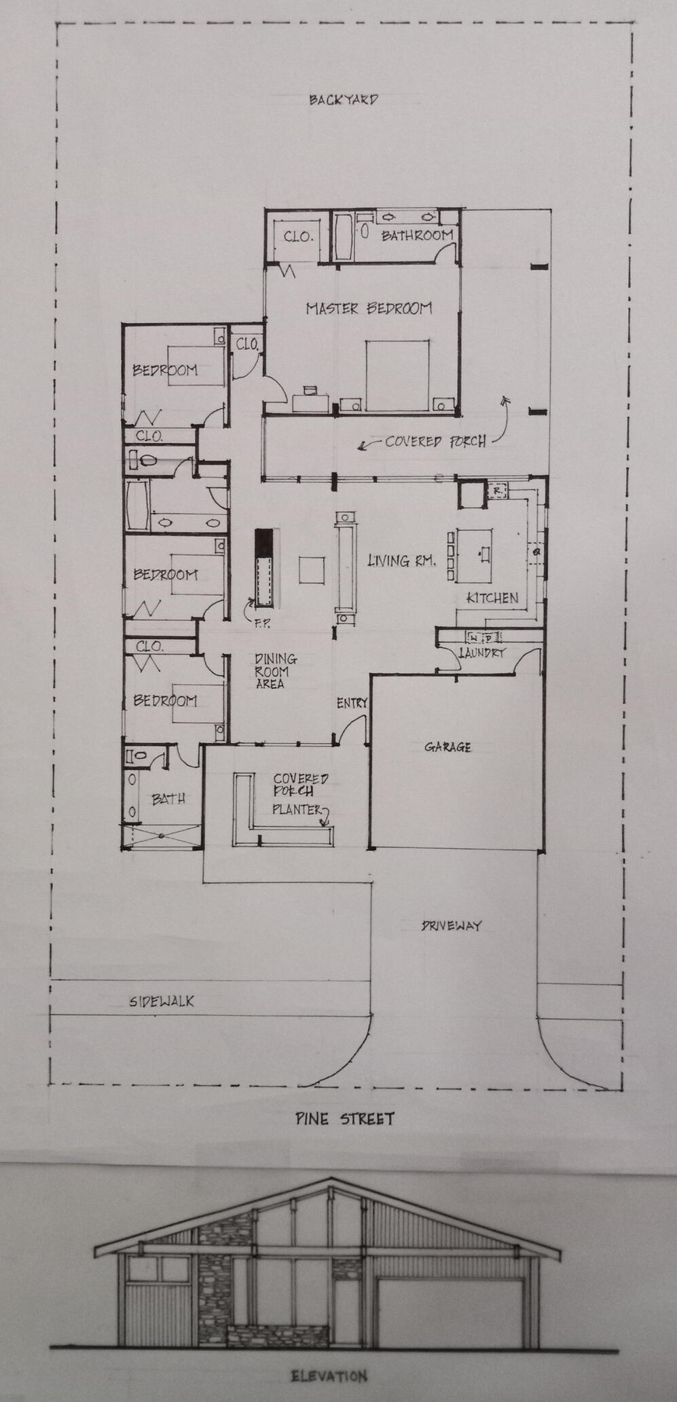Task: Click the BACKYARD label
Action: pos(344,100)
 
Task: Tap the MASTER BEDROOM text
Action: pos(369,309)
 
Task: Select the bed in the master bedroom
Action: pos(397,375)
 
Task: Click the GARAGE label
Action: pos(448,747)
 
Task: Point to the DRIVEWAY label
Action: pos(451,926)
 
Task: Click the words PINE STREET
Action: pos(344,1118)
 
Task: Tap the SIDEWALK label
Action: pos(162,1001)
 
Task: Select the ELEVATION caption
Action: pos(329,1377)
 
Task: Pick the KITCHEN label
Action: pos(492,598)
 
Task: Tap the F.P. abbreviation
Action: pos(262,624)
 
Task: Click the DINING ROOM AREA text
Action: pos(275,671)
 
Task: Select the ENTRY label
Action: pos(352,704)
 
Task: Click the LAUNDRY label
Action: pos(482,653)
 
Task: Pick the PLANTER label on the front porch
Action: pos(297,810)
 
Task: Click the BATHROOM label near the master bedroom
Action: pos(417,235)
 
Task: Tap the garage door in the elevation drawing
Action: pos(451,1312)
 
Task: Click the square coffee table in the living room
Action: pos(312,569)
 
